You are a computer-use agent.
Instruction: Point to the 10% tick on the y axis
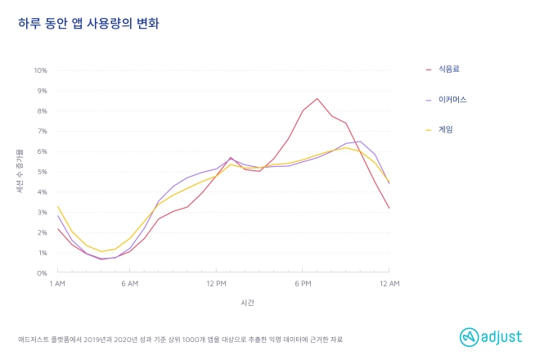tap(41, 70)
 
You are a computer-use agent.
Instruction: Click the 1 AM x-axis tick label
tap(56, 284)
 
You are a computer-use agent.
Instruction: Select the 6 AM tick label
tap(128, 284)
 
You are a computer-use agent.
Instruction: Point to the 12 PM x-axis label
tap(216, 284)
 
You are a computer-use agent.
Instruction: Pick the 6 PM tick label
tap(304, 284)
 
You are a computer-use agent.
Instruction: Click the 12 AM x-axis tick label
tap(389, 284)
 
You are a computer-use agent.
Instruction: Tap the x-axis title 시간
tap(247, 303)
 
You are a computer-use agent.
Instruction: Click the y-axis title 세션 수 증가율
tap(21, 171)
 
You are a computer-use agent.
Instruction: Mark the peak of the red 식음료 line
tap(317, 98)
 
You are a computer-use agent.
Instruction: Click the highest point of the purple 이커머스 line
tap(361, 142)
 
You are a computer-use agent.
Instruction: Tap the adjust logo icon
tap(468, 335)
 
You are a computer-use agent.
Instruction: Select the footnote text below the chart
tap(181, 339)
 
